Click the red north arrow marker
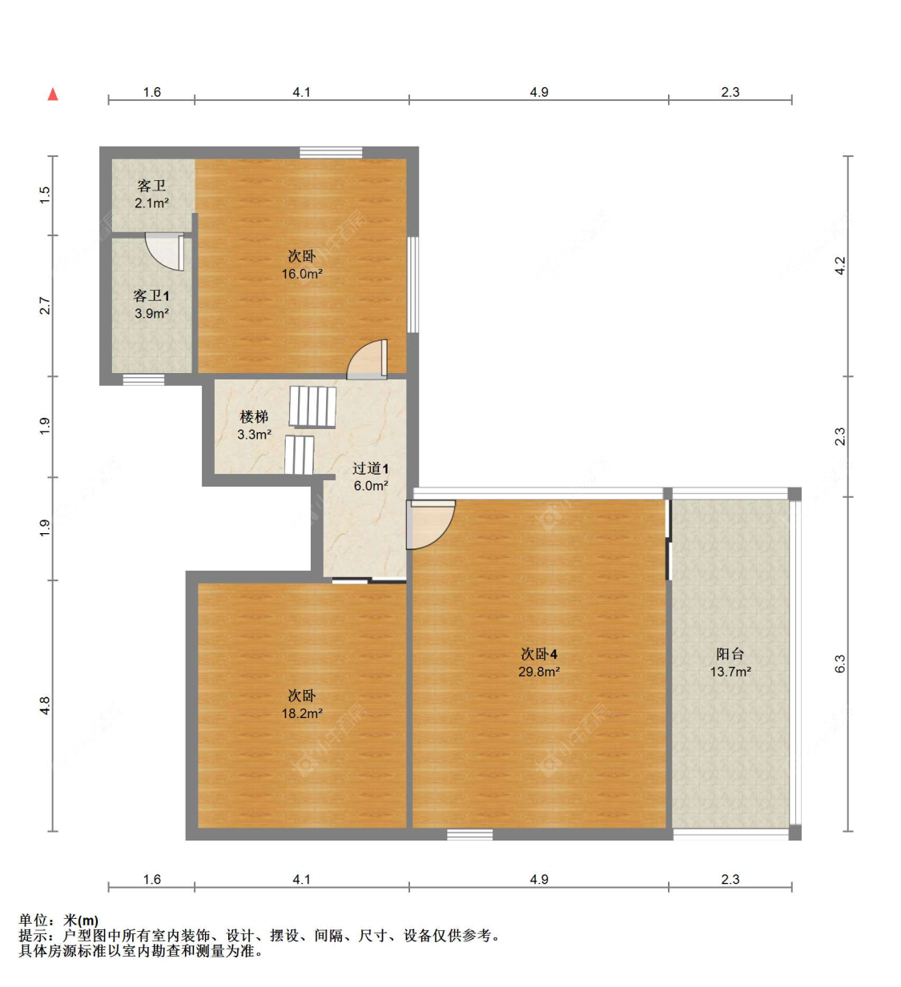tap(53, 94)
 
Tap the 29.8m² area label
tap(539, 672)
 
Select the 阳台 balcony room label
tap(730, 654)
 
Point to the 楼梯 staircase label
tap(254, 417)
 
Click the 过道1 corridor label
tap(370, 468)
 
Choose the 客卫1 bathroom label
tap(151, 295)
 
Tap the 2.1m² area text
tap(151, 203)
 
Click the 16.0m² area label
tap(302, 274)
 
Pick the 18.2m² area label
tap(302, 713)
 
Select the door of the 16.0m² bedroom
tap(368, 359)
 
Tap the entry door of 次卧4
tap(430, 524)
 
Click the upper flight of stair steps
tap(312, 407)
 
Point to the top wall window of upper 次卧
tap(331, 153)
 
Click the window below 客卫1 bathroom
tap(143, 380)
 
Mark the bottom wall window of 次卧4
tap(469, 834)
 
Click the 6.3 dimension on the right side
tap(840, 664)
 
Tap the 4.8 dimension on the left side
tap(45, 705)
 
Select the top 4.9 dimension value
tap(539, 92)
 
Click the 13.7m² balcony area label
tap(730, 672)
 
